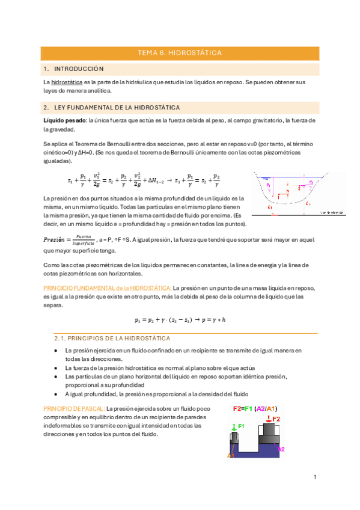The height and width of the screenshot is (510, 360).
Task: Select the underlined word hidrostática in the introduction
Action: tap(67, 81)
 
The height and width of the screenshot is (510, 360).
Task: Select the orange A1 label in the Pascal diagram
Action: tap(230, 455)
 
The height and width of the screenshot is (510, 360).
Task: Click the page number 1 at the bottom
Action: tap(314, 477)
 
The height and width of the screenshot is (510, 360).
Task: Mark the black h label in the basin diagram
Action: tap(288, 191)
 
